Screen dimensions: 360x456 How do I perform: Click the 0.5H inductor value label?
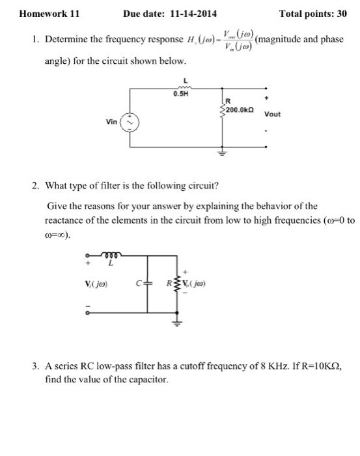click(180, 93)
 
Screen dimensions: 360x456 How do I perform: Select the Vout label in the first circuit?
click(273, 114)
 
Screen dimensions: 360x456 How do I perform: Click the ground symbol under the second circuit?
click(174, 321)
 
